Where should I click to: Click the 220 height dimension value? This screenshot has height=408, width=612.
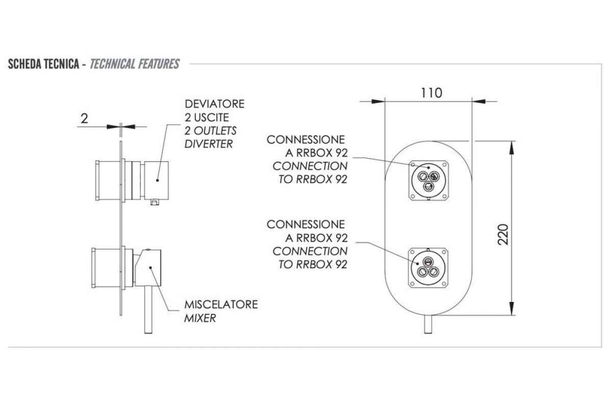pyautogui.click(x=503, y=234)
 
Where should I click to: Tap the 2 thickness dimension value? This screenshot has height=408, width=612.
pyautogui.click(x=85, y=118)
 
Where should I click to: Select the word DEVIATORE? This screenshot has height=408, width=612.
pyautogui.click(x=215, y=104)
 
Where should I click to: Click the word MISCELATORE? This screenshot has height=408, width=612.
pyautogui.click(x=221, y=304)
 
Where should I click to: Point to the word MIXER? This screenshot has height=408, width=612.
pyautogui.click(x=200, y=318)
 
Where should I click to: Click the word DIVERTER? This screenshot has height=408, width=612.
pyautogui.click(x=208, y=143)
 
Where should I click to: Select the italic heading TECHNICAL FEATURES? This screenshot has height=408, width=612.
pyautogui.click(x=135, y=64)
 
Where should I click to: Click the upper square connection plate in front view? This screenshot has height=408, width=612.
pyautogui.click(x=429, y=180)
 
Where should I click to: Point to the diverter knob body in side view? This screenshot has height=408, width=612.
pyautogui.click(x=156, y=179)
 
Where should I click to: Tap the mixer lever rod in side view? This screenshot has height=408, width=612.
pyautogui.click(x=149, y=309)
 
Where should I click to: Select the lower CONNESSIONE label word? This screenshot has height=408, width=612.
pyautogui.click(x=305, y=224)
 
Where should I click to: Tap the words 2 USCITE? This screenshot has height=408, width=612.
pyautogui.click(x=203, y=117)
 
